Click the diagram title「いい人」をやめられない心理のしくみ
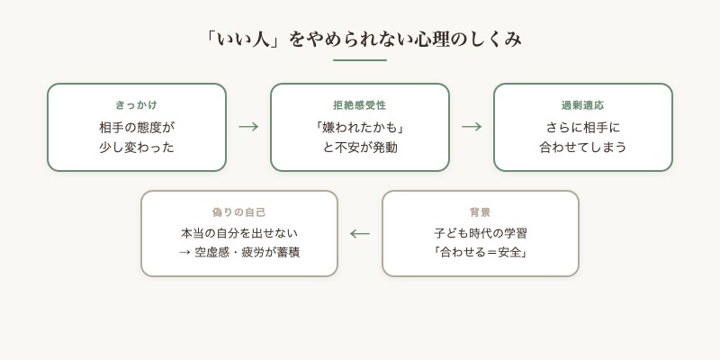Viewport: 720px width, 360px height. (x=360, y=40)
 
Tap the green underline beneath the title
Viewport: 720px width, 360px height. (x=360, y=60)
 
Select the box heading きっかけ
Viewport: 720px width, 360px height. (x=137, y=105)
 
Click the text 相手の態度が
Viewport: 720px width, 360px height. (x=137, y=127)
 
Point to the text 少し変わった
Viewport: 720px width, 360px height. (x=137, y=147)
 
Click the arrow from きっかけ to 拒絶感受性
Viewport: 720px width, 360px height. (x=248, y=127)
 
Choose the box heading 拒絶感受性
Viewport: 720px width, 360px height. (x=360, y=105)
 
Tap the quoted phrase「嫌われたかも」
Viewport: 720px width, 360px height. (x=360, y=127)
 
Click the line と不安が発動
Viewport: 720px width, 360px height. (x=360, y=147)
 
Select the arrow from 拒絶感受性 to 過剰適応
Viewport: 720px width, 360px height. (x=472, y=127)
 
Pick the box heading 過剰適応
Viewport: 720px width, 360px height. (x=583, y=105)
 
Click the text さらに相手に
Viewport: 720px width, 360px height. (x=583, y=127)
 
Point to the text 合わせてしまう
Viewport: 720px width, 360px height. (x=583, y=147)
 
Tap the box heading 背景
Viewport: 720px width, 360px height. (x=481, y=212)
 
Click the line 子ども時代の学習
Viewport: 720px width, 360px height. (x=481, y=233)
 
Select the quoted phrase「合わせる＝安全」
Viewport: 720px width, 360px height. (x=481, y=253)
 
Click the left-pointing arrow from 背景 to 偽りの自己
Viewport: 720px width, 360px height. (x=360, y=234)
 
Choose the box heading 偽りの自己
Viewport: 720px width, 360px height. (x=239, y=212)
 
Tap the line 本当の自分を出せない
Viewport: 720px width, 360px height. (x=239, y=233)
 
